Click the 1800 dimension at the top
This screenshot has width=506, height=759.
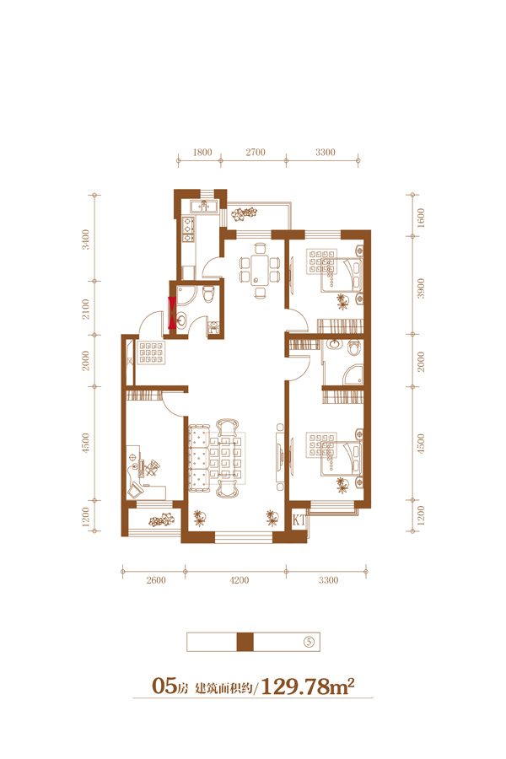(202, 152)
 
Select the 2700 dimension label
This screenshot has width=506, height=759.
(256, 152)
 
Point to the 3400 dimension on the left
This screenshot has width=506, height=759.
(86, 240)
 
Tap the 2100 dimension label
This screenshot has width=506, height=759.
(86, 309)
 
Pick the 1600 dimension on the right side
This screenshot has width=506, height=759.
(420, 218)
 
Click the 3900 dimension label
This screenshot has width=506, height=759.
(420, 288)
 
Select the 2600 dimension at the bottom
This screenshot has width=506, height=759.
(156, 580)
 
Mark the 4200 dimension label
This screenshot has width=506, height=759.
(240, 580)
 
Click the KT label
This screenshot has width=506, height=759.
(299, 519)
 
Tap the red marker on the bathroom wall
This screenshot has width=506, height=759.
(172, 313)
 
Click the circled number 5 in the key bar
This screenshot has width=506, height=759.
(309, 642)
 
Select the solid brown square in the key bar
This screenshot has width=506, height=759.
(245, 642)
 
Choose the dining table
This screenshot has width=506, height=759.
(260, 270)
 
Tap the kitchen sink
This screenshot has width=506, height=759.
(204, 207)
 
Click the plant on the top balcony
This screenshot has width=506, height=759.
(244, 213)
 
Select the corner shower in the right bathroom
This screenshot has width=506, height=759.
(353, 374)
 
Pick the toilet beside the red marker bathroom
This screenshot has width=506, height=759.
(208, 293)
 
